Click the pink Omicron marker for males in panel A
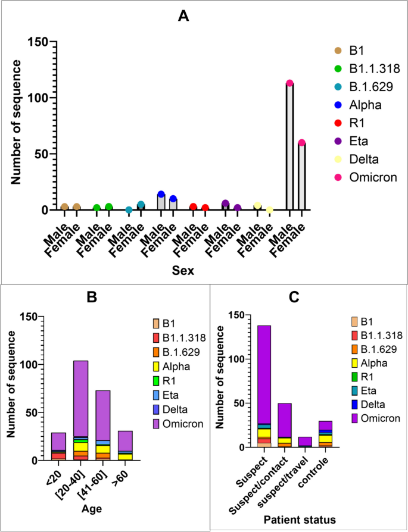coord(289,83)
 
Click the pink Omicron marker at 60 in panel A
coord(301,143)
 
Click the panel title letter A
coord(184,16)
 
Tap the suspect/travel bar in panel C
coord(305,442)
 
